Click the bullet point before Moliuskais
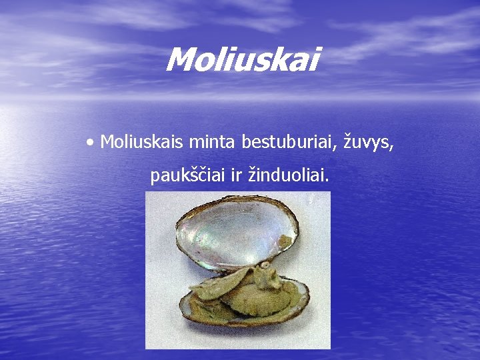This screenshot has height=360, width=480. [x=90, y=141]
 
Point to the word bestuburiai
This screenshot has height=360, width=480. [x=288, y=141]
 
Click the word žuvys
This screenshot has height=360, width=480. [x=367, y=142]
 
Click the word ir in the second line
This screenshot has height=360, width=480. [x=237, y=176]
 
